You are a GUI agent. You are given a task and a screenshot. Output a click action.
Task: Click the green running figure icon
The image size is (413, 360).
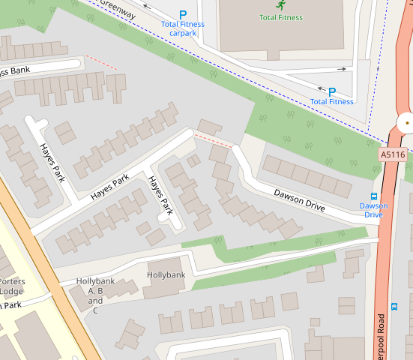280,5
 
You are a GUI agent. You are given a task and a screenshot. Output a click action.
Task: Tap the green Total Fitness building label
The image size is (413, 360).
280,17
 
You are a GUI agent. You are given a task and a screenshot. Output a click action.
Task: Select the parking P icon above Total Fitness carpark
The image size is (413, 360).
183,14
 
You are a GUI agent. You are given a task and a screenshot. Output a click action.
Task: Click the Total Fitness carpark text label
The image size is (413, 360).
183,28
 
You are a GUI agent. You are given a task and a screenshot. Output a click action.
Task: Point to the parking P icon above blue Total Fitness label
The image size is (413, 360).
331,91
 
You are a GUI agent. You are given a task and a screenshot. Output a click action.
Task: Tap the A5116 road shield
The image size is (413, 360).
393,154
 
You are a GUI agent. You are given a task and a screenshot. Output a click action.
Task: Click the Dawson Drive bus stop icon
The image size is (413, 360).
374,196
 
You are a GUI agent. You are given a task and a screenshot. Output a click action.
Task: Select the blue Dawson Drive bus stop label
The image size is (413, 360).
373,210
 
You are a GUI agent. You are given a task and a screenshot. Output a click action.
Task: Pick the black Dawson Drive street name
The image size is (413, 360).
299,199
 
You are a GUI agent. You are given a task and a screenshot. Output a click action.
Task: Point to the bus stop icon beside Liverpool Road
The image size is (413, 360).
394,306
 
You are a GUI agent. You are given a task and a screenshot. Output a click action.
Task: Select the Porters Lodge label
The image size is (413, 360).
12,286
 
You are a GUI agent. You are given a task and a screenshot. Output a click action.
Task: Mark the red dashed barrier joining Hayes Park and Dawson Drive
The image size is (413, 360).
213,139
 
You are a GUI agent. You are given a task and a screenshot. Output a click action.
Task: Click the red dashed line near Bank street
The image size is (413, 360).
102,62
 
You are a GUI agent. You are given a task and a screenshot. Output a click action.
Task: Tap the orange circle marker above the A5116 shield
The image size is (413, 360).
407,120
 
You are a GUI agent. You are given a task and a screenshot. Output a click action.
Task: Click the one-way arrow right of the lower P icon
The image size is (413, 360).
343,69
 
